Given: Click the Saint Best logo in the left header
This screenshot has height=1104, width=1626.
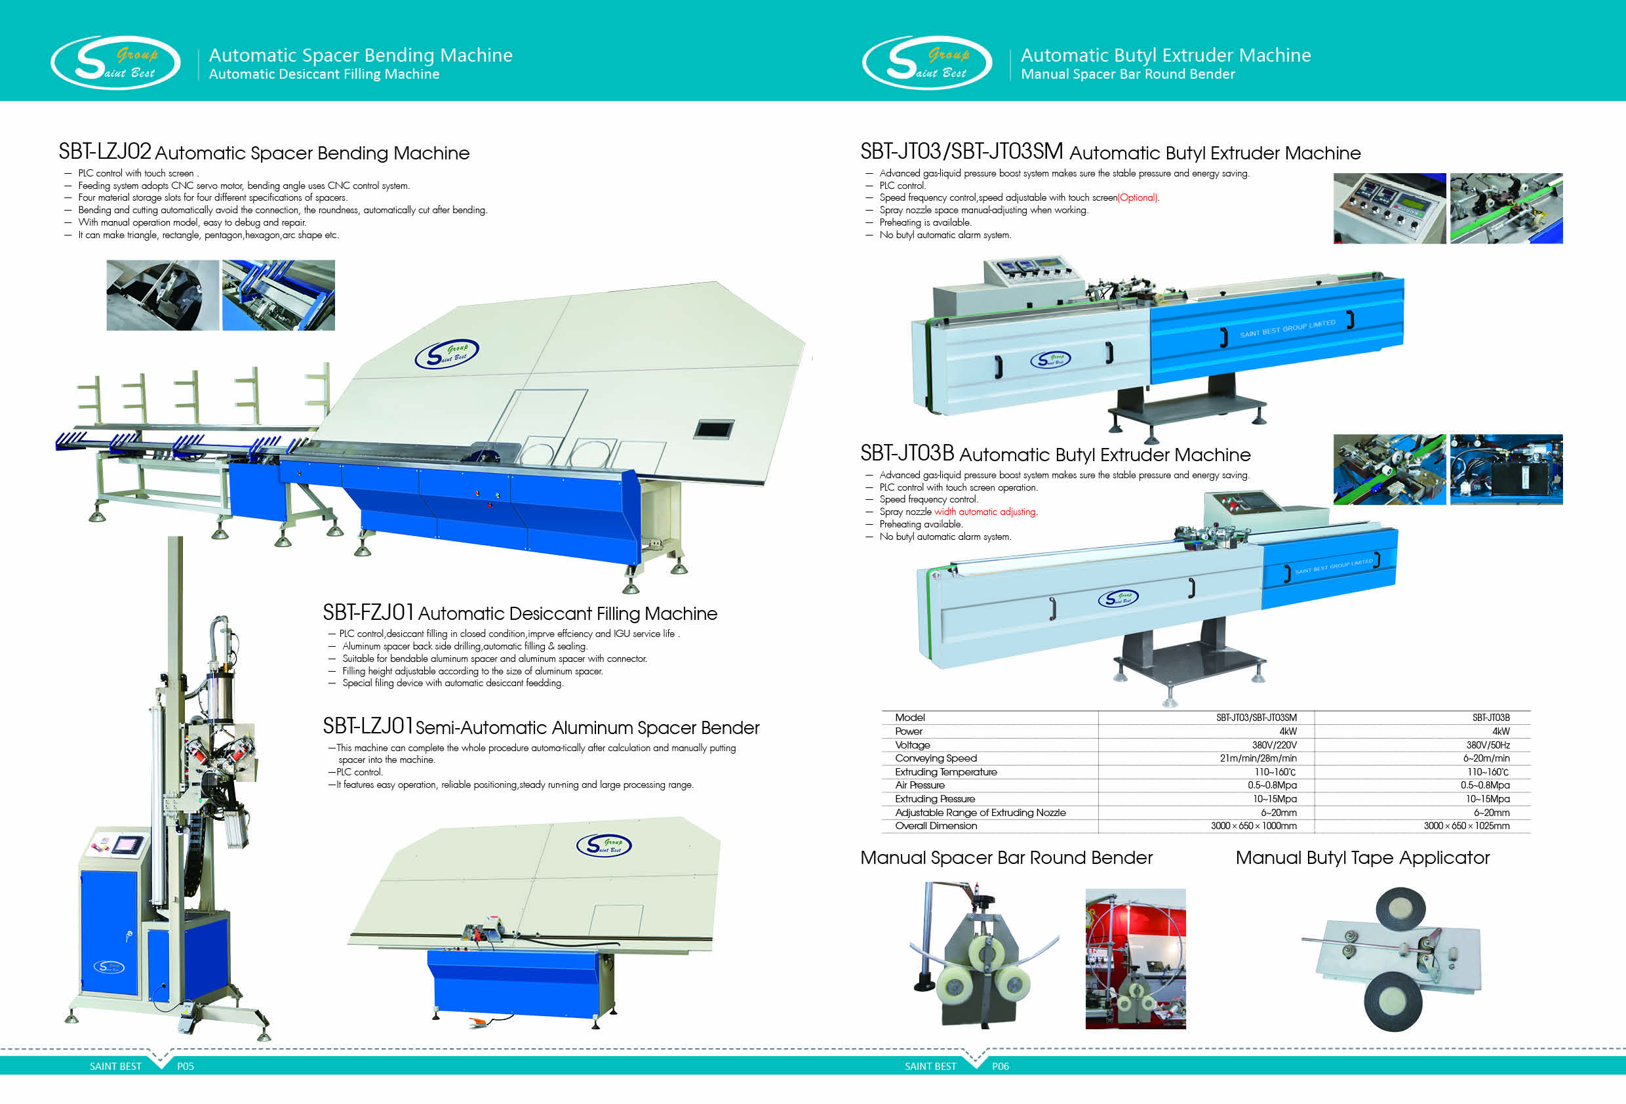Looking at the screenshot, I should [115, 63].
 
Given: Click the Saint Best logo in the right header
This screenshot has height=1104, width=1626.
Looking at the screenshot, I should [927, 63].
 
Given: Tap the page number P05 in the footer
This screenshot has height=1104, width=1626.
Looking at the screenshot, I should [186, 1066].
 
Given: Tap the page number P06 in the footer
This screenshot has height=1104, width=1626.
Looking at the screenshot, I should [1001, 1066].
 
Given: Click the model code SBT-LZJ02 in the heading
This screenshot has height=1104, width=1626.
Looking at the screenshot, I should [105, 152].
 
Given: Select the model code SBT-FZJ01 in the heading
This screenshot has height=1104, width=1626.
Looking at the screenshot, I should [368, 613].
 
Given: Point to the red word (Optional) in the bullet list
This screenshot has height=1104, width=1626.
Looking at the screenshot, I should [1138, 197].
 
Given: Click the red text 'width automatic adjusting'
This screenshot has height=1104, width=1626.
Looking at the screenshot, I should [986, 512].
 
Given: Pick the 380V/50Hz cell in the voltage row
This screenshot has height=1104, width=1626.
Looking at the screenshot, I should [1488, 745].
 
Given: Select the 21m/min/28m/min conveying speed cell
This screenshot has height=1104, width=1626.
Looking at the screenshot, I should [1258, 758].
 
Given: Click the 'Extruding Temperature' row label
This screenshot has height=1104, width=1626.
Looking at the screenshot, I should [946, 771].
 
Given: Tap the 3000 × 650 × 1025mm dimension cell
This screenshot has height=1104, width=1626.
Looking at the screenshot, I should [1467, 826].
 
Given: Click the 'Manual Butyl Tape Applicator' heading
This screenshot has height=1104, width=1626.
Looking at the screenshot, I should [1362, 857].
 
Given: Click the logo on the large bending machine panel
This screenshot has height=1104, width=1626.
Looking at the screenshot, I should [446, 354].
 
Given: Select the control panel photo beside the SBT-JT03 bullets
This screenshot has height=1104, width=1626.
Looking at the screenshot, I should [1389, 209].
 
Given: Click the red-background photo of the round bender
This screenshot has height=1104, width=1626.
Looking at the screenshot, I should [1135, 958].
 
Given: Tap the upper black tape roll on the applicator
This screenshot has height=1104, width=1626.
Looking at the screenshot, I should [1400, 909].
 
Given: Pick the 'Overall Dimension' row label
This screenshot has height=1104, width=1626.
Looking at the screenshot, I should [936, 826].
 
